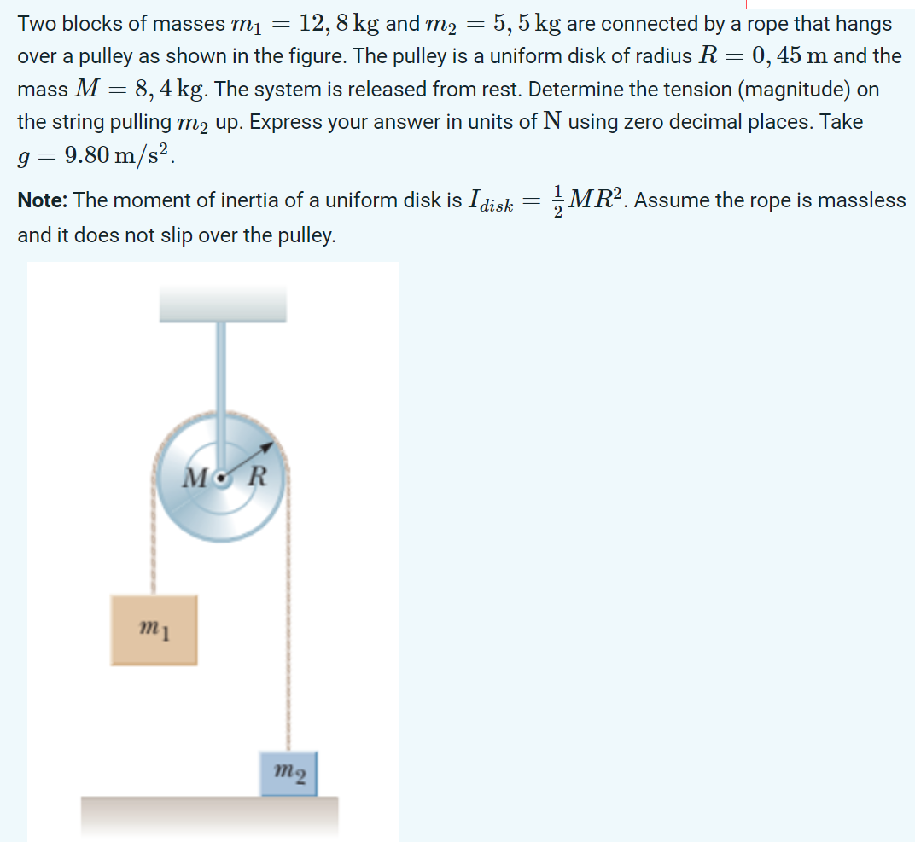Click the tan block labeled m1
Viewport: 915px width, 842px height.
(154, 630)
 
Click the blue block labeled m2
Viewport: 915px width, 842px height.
(288, 773)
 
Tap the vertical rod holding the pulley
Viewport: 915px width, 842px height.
(222, 367)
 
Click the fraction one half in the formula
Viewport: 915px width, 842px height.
(557, 201)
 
